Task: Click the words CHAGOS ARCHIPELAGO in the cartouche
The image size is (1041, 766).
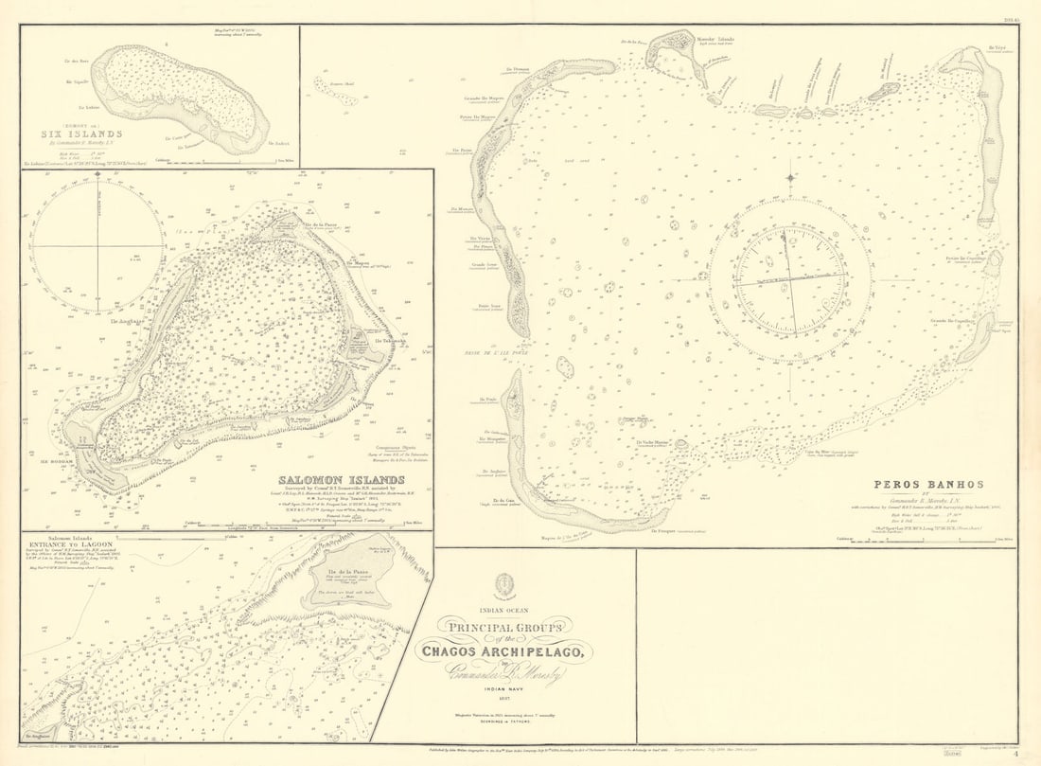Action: pos(503,650)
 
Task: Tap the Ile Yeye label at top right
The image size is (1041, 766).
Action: pos(997,46)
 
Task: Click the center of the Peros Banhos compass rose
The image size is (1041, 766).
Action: pos(790,280)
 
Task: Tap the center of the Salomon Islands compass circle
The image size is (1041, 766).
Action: pos(97,246)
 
